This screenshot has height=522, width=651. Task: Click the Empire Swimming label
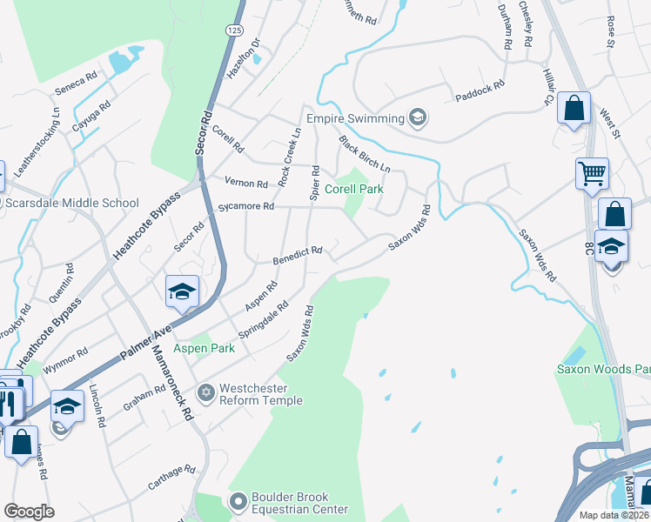click(x=355, y=118)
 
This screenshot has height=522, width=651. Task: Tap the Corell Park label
click(x=353, y=188)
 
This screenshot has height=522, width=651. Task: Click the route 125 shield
click(x=233, y=30)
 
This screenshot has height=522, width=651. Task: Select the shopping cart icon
click(x=592, y=172)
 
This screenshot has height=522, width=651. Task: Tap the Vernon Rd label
click(x=245, y=184)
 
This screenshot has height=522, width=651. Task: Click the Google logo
click(x=29, y=512)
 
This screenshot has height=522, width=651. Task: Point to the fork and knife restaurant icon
click(x=10, y=403)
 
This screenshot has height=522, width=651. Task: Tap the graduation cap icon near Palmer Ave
click(x=182, y=291)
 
